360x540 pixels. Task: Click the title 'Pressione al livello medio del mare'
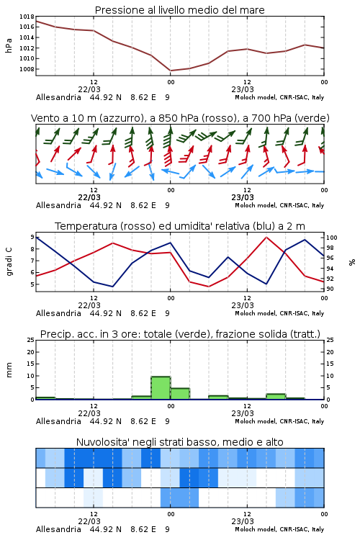(x=179, y=10)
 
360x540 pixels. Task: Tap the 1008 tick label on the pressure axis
(x=27, y=69)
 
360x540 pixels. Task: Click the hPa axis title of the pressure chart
(x=9, y=45)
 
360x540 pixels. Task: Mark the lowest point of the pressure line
(x=171, y=71)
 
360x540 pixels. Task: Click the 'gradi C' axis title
(x=9, y=261)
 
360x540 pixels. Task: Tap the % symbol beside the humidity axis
(x=352, y=262)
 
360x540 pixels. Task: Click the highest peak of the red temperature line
(x=266, y=237)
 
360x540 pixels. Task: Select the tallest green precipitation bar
(x=161, y=388)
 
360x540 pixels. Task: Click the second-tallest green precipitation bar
(x=180, y=394)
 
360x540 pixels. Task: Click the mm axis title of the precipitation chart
(x=9, y=370)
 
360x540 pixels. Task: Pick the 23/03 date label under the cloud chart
(x=243, y=521)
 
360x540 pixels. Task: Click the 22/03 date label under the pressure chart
(x=89, y=89)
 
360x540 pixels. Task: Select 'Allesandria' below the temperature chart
(x=58, y=313)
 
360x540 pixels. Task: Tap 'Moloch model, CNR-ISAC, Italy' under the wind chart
(x=279, y=205)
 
